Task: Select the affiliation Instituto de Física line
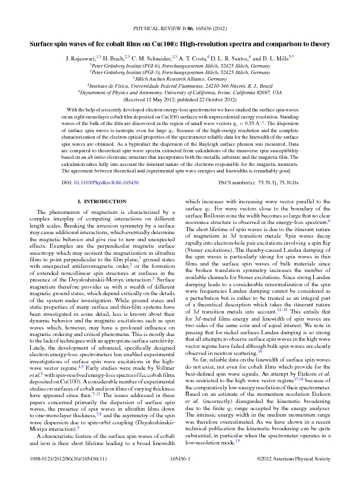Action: [x=181, y=86]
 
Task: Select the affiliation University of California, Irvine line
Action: [x=181, y=93]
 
